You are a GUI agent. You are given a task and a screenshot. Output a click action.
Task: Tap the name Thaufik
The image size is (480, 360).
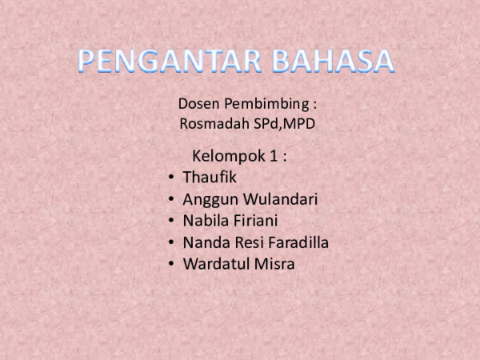point(210,177)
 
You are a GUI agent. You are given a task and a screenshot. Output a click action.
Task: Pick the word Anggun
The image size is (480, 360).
point(208,199)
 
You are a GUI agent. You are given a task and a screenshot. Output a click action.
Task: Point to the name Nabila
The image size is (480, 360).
point(204,221)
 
